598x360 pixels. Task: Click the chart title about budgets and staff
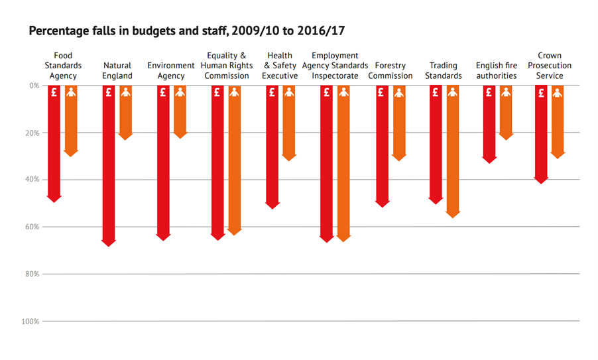[x=186, y=31]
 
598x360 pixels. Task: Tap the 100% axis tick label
[x=30, y=322]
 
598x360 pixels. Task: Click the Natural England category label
[x=117, y=70]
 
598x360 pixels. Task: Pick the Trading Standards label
[x=444, y=70]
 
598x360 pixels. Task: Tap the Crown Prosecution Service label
[x=550, y=66]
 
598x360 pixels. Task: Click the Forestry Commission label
[x=390, y=70]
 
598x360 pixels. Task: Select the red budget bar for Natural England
[x=109, y=166]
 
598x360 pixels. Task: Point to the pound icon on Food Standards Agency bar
[x=54, y=93]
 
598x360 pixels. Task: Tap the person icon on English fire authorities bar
[x=506, y=93]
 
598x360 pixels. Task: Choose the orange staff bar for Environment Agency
[x=180, y=113]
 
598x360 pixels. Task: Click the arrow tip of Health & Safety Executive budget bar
[x=272, y=206]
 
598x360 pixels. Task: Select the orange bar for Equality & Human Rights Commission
[x=234, y=159]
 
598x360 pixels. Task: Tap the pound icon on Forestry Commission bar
[x=381, y=93]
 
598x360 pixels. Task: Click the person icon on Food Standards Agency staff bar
[x=71, y=93]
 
